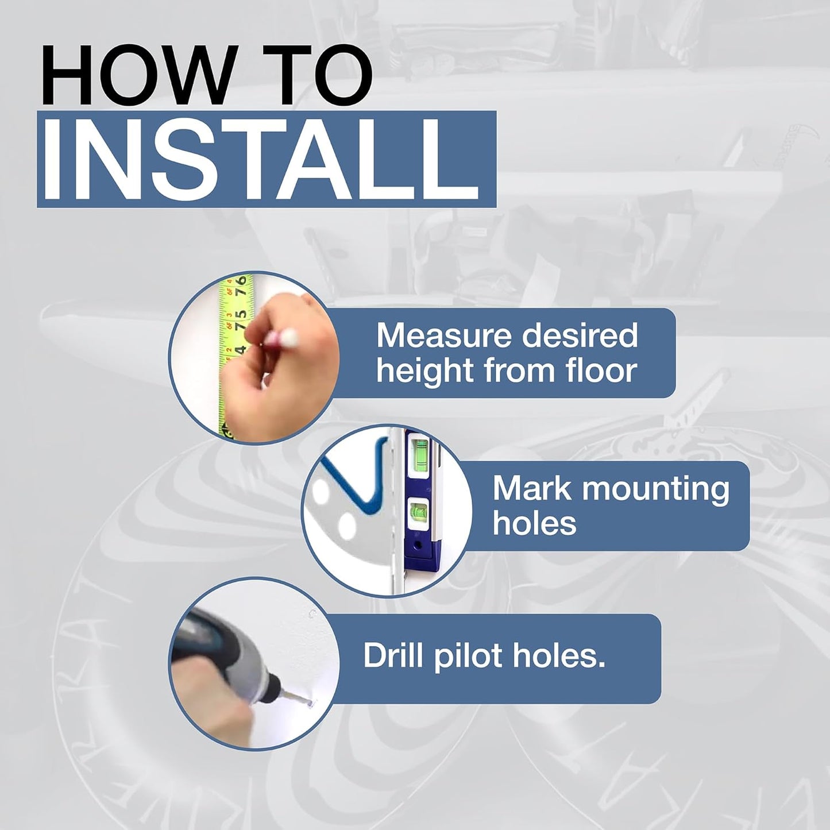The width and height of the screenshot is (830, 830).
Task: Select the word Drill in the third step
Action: tap(396, 655)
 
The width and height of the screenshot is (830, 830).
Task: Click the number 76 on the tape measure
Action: tap(242, 285)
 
